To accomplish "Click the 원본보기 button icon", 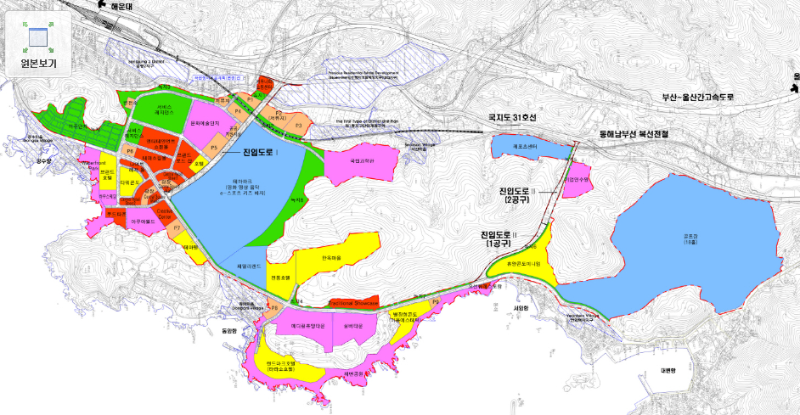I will tap(37, 36).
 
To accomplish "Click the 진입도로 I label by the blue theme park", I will tap(260, 154).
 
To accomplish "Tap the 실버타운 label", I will tap(354, 325).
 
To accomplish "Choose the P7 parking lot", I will tap(177, 227).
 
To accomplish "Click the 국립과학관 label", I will tap(362, 159).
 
